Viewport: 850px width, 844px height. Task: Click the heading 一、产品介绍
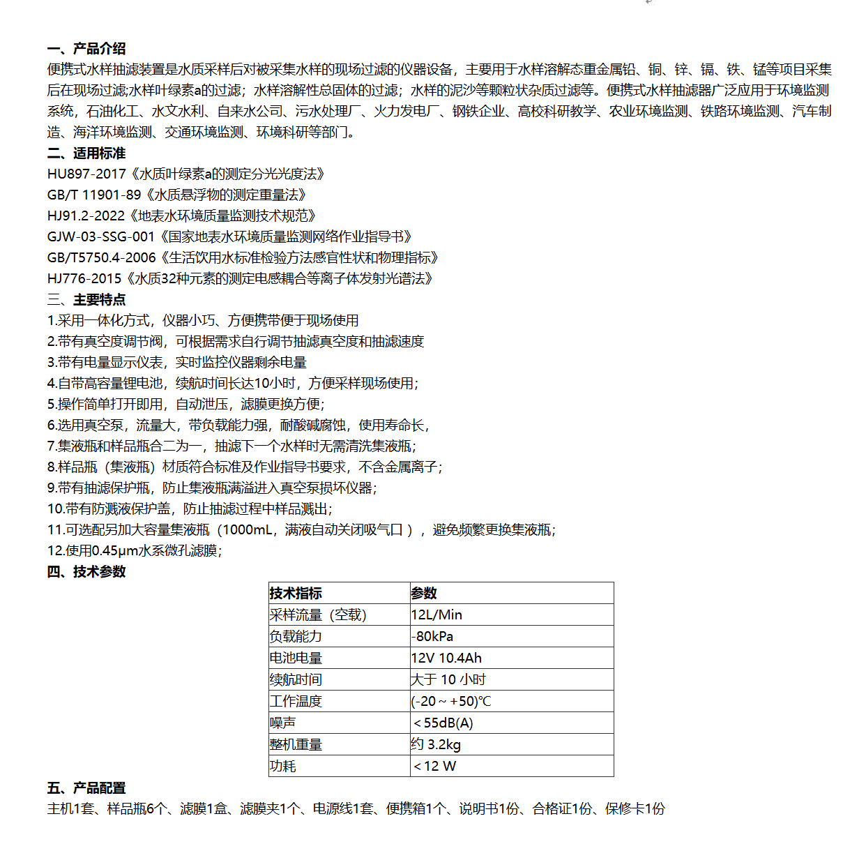tap(86, 49)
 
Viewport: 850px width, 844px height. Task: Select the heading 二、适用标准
tap(86, 153)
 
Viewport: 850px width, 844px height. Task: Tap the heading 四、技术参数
tap(86, 572)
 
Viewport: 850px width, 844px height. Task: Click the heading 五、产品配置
tap(86, 788)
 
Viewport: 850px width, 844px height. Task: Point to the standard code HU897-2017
tap(86, 174)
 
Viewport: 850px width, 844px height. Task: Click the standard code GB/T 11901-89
tap(94, 195)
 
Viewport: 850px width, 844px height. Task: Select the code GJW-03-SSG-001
tap(101, 237)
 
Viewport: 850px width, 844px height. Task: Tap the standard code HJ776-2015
tap(84, 279)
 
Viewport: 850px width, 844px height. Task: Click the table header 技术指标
tap(296, 594)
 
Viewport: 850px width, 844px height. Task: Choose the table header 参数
tap(424, 594)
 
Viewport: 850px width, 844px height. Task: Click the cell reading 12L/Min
tap(437, 615)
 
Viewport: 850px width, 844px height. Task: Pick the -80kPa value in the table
tap(432, 637)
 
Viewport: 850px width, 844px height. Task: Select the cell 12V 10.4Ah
tap(446, 658)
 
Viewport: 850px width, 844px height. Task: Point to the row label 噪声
tap(283, 723)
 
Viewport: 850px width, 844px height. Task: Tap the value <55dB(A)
tap(443, 723)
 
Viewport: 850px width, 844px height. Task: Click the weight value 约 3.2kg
tap(436, 745)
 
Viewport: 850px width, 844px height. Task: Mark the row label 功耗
tap(283, 767)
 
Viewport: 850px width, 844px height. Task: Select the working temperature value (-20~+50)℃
tap(451, 702)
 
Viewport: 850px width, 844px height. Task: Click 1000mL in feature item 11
tap(248, 530)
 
